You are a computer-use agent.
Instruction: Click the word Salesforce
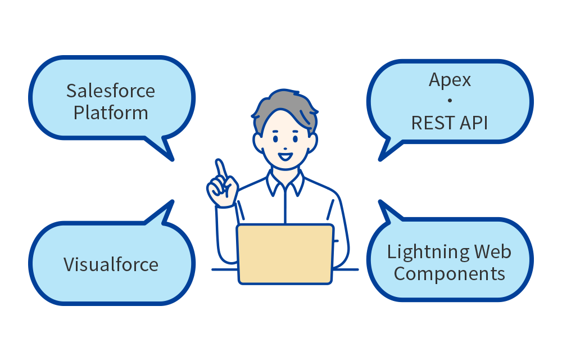(111, 91)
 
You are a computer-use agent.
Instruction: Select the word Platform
(111, 113)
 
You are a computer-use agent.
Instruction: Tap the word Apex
(450, 80)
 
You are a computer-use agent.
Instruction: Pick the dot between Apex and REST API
(450, 101)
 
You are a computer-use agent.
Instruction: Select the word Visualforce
(111, 264)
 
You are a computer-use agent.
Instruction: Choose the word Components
(449, 274)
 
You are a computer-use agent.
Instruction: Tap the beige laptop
(285, 254)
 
